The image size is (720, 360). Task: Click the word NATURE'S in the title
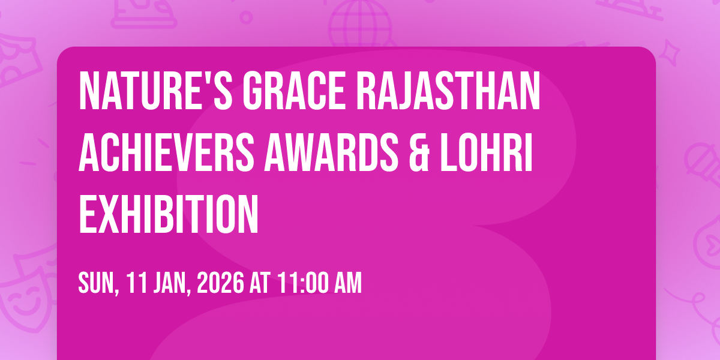pos(155,91)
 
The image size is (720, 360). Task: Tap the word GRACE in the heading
pos(294,91)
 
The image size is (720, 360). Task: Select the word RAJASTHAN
pos(448,91)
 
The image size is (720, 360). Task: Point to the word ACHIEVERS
pos(166,153)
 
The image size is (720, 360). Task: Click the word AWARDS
pos(331,153)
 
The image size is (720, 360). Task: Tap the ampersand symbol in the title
pos(419,153)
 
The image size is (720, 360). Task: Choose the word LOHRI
pos(487,153)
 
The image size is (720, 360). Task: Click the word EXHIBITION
pos(169,214)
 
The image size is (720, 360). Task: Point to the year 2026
pos(220,283)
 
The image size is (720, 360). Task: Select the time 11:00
pos(303,283)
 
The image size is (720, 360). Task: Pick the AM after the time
pos(348,283)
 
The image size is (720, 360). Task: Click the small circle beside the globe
pos(246,17)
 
